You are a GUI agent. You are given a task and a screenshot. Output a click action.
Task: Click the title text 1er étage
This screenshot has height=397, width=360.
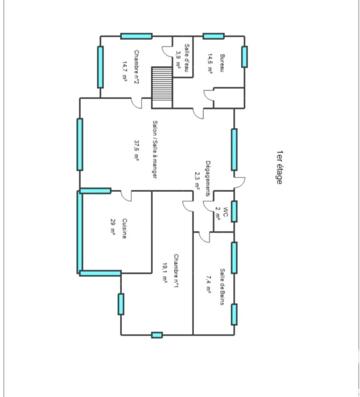tap(279, 167)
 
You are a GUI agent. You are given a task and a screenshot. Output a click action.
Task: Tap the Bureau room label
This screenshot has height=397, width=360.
tap(222, 63)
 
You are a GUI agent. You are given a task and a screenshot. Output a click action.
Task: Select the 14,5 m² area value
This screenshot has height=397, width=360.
tap(210, 63)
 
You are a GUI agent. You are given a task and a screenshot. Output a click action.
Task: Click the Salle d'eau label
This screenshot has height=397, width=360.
tap(187, 58)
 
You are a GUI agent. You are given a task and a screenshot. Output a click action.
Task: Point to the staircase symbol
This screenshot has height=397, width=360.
tap(162, 87)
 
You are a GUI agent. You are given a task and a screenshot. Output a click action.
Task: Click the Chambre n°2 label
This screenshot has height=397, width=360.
tap(136, 67)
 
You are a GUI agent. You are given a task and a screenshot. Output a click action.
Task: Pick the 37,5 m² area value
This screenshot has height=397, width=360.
tap(136, 150)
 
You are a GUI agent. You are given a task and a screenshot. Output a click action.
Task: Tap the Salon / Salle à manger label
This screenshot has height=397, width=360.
tap(154, 149)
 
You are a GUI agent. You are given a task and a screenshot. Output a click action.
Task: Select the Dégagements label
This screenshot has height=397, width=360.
tap(208, 178)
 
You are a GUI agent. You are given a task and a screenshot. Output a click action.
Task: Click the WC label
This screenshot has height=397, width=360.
tap(225, 212)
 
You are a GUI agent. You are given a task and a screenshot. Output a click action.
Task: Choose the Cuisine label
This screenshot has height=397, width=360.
tap(124, 228)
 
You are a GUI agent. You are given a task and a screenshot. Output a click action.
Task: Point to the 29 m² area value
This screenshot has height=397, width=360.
tap(113, 227)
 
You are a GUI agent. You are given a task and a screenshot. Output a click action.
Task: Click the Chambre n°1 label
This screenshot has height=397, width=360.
tap(176, 271)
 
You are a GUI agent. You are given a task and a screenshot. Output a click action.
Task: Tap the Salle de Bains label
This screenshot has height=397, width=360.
tap(222, 286)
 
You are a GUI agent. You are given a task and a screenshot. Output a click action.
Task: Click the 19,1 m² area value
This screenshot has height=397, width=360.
tap(164, 272)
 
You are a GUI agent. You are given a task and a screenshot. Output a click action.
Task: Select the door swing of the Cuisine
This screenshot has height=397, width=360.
tap(126, 196)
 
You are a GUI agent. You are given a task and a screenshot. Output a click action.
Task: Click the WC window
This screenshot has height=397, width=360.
tap(234, 211)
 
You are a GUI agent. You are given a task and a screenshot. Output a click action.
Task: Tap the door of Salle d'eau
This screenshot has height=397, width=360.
tap(167, 51)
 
